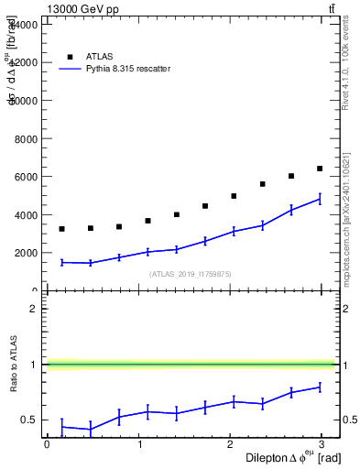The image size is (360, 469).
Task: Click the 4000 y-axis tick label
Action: click(x=28, y=215)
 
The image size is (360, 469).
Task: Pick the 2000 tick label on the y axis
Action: click(x=28, y=253)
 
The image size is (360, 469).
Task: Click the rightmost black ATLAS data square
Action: click(x=320, y=169)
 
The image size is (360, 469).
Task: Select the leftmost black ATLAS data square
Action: click(x=61, y=229)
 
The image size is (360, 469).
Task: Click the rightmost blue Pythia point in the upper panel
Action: click(x=320, y=199)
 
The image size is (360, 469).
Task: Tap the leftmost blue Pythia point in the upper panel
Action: click(x=61, y=262)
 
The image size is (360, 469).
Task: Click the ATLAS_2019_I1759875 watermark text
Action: click(x=191, y=274)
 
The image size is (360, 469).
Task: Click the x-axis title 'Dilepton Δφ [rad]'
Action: click(x=279, y=457)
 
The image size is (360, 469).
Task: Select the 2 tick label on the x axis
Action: click(x=232, y=444)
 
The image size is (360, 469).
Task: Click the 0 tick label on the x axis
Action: click(x=47, y=444)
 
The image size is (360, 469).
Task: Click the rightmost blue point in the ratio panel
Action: click(x=320, y=387)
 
